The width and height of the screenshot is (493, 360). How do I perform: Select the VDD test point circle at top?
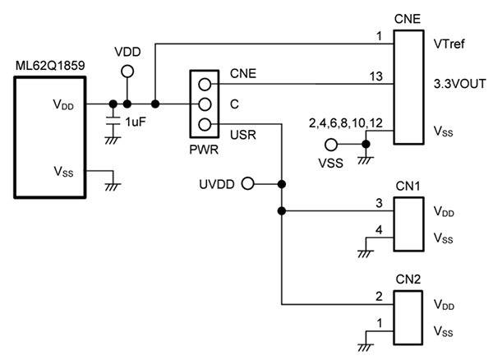(x=127, y=72)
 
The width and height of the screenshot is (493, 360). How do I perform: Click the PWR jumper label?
(x=203, y=151)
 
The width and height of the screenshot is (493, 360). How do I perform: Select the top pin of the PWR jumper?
(x=203, y=83)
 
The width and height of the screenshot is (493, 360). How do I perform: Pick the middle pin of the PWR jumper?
(x=203, y=104)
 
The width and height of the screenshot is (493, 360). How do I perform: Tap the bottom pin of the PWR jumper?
(x=203, y=125)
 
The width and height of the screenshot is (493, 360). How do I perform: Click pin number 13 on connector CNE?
(x=376, y=76)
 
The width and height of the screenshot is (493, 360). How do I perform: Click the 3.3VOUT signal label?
(x=456, y=83)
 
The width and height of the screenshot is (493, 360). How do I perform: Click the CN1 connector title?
(x=408, y=187)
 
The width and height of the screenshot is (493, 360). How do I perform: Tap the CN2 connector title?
(x=408, y=278)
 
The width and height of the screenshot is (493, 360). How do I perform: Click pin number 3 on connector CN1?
(x=379, y=203)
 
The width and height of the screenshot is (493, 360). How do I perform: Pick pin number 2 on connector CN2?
(x=379, y=297)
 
